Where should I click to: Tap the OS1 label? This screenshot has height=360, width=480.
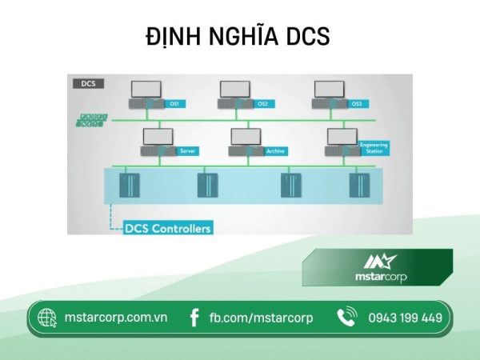[174, 104]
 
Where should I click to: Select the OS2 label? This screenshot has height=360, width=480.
[261, 104]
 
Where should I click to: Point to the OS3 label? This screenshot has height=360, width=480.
[357, 104]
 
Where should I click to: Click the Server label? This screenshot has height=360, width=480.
[189, 150]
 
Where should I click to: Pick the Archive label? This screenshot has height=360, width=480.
[275, 150]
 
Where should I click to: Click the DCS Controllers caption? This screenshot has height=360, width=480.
[168, 228]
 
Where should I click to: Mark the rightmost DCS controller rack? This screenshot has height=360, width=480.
[355, 186]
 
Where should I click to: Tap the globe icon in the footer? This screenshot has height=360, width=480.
[47, 318]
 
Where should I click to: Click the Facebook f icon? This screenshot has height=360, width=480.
[194, 318]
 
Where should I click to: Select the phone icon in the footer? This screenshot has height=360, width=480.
[346, 318]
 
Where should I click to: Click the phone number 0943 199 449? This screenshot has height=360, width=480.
[405, 318]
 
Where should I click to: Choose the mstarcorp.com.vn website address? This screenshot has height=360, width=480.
[115, 318]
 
